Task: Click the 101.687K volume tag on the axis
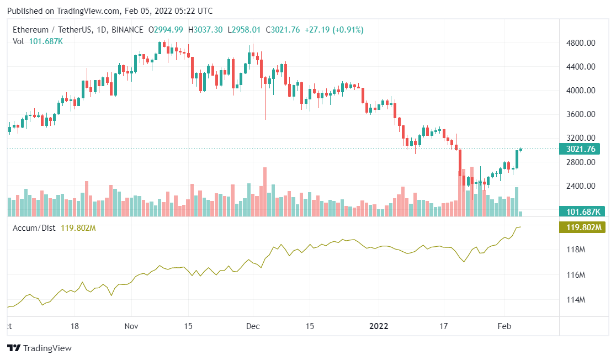coord(582,211)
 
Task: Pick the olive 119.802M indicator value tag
coord(582,227)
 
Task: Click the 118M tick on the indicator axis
coord(576,250)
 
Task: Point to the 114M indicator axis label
coord(576,300)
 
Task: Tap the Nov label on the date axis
coord(131,326)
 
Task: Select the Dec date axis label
coord(253,326)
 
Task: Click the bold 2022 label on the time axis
coord(379,326)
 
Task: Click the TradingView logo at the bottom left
coord(39,348)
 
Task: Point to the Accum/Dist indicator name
coord(34,227)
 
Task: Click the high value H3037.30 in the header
coord(205,30)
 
